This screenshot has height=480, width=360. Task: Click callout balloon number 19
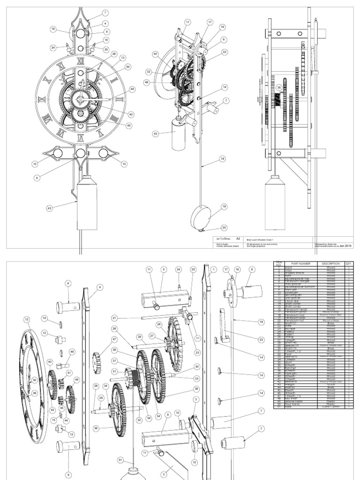[224, 206]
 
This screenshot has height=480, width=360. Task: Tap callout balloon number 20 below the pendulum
[224, 227]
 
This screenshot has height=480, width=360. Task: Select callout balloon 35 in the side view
[279, 87]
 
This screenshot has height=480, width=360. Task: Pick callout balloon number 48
[72, 351]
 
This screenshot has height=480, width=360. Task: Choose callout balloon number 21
[114, 318]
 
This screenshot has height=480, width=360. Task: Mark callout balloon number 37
[114, 361]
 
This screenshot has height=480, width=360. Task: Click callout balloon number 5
[164, 270]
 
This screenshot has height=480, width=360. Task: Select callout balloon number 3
[164, 474]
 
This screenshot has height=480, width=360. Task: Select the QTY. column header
[349, 264]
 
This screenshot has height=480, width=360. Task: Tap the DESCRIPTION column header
[330, 264]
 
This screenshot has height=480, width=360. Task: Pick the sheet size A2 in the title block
[238, 238]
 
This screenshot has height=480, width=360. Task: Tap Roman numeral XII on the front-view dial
[80, 60]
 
